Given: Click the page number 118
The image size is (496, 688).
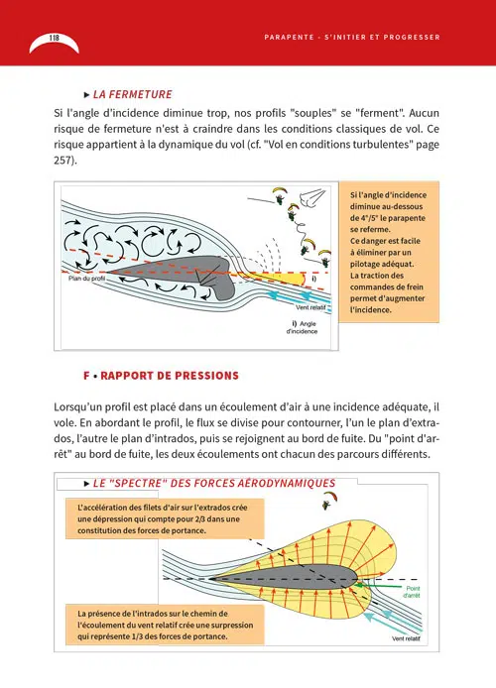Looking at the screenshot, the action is [54, 38].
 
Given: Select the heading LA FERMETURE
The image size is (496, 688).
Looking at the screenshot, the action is [132, 94].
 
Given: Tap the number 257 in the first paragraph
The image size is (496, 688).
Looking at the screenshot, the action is [62, 161].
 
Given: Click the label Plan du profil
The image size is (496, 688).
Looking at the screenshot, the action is [87, 279].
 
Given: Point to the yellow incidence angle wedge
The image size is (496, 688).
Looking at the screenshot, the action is [281, 279].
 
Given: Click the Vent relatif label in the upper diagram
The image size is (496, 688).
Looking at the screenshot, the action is [310, 307].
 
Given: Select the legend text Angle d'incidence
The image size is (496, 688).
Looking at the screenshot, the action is [302, 327].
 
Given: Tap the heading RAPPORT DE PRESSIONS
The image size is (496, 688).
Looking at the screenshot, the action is [170, 376].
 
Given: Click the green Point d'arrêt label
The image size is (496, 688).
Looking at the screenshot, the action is [412, 592].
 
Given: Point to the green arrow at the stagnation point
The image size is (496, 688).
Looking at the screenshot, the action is [377, 586].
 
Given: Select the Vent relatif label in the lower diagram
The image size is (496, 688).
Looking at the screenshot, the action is [406, 638].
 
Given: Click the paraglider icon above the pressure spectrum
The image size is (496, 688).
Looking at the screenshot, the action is [329, 500].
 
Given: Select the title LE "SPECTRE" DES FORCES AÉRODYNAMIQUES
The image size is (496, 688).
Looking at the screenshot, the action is [214, 483].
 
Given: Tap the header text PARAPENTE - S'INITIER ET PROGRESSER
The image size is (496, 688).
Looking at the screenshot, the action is [352, 38].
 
